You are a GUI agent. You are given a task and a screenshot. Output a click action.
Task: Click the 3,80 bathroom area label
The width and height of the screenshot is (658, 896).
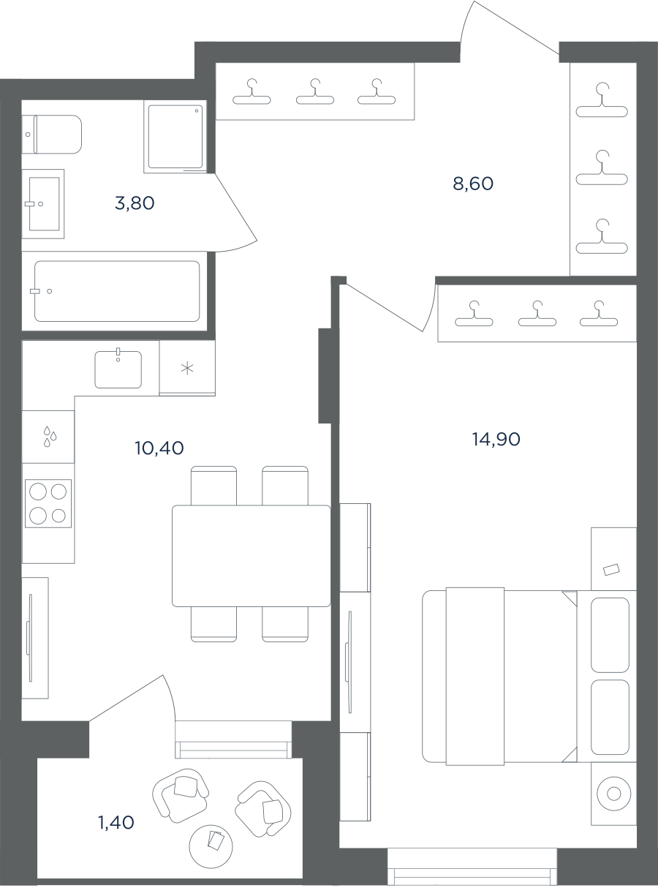coord(135,203)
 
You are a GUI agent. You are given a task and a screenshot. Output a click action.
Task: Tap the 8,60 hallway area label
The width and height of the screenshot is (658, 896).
coord(473,184)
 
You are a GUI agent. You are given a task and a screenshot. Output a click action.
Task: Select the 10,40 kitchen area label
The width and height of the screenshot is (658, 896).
coord(159,448)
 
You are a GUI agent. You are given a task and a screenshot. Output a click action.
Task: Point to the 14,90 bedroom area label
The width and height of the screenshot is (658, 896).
coord(496,439)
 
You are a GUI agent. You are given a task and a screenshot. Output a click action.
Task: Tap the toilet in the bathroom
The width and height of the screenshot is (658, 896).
coord(52,135)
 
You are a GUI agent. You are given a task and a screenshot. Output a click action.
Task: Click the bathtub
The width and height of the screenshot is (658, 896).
coord(117,291)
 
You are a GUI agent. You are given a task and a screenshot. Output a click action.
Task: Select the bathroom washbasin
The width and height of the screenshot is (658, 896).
coord(43,204)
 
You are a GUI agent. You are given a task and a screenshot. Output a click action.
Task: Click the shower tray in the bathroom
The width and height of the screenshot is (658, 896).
coord(175,136)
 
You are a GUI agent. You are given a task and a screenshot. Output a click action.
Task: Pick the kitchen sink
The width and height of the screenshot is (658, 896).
coord(118,369)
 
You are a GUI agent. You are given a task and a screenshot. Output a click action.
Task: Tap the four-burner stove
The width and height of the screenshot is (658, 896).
coord(48,503)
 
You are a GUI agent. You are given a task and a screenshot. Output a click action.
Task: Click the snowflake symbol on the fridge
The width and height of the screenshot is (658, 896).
coord(187,368)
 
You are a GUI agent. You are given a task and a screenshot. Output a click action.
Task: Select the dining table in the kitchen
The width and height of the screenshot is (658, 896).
coord(252,556)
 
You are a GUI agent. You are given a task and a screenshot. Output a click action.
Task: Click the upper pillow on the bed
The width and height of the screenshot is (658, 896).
coord(610,635)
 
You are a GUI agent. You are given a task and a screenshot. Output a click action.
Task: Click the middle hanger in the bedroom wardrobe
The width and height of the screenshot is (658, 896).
coord(537,313)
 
